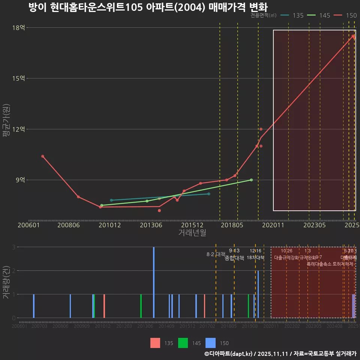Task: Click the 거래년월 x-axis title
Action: (192, 232)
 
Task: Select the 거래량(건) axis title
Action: (6, 282)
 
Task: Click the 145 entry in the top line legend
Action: (324, 15)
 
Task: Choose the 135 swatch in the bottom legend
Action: (155, 343)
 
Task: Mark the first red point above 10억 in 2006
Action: (43, 156)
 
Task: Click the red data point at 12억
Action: (261, 129)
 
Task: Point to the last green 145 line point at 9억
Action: (251, 180)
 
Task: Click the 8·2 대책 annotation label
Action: (213, 254)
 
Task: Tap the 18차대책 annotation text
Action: (256, 258)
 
